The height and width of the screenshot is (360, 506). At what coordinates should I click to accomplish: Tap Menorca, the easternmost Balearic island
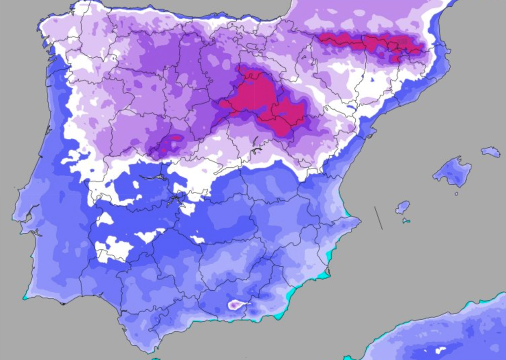coord(491,152)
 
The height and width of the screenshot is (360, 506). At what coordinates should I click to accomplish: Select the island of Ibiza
coord(403,207)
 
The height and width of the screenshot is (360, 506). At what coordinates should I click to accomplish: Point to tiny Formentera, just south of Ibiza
coord(406,221)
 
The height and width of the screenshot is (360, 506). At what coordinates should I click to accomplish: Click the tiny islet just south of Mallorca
coord(456,194)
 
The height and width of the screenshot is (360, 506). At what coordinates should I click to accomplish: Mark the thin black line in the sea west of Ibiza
coord(378,218)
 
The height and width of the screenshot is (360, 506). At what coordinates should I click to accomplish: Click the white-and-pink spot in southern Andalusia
coord(236,305)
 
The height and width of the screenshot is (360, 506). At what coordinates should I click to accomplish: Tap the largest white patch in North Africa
coord(439,350)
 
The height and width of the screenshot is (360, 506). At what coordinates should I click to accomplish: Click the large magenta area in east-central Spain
coord(262,99)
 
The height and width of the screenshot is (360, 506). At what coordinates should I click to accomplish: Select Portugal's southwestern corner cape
coord(25,297)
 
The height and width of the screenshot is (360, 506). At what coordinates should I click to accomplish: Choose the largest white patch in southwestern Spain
coord(114,249)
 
